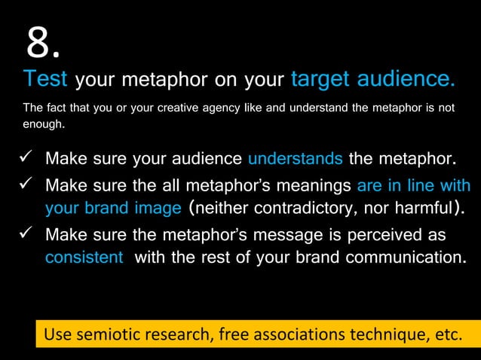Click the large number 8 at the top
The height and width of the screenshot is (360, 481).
point(42,44)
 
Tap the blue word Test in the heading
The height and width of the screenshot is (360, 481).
point(45,79)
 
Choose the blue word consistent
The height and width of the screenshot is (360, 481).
point(84,257)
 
